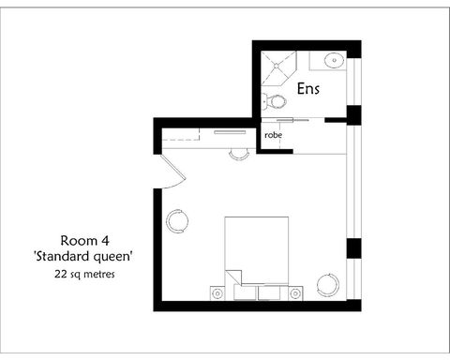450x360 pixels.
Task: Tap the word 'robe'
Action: point(273,135)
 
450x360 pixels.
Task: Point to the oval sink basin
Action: point(335,62)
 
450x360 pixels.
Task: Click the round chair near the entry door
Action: point(177,221)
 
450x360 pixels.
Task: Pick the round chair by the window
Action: point(328,283)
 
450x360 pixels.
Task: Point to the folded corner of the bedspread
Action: point(240,276)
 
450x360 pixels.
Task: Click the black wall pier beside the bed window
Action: point(353,249)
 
